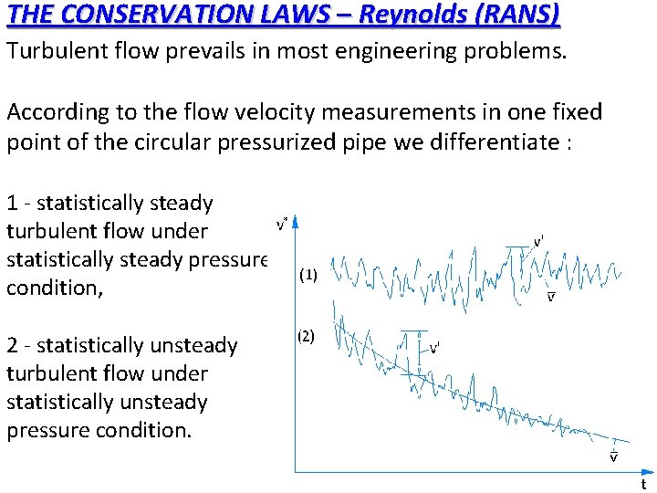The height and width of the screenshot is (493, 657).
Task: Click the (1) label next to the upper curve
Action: point(308,275)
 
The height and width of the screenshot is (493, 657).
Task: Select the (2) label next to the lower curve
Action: point(306,335)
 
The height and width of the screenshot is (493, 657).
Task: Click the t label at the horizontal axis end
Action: point(643,485)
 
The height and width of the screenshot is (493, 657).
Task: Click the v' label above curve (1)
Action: point(539,241)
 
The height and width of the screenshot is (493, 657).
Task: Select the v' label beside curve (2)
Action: point(436,348)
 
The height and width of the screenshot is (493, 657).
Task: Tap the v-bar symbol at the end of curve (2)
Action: point(613,456)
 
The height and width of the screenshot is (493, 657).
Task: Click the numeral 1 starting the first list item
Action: point(12,204)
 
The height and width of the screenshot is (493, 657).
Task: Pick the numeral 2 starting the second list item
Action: point(13,346)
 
